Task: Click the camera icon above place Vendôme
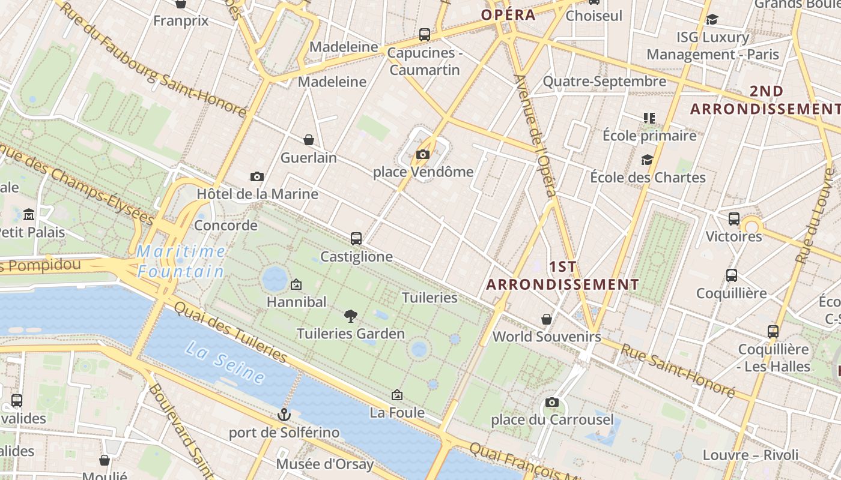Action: pyautogui.click(x=422, y=155)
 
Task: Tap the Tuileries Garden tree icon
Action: pyautogui.click(x=351, y=316)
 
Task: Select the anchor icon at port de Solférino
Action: pyautogui.click(x=284, y=415)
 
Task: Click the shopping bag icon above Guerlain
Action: pyautogui.click(x=309, y=140)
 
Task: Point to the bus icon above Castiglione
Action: pyautogui.click(x=356, y=239)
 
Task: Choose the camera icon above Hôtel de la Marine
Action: pyautogui.click(x=257, y=176)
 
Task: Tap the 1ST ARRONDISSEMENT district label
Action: pyautogui.click(x=563, y=275)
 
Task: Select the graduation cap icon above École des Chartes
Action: pyautogui.click(x=647, y=160)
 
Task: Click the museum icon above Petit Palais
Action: pyautogui.click(x=29, y=214)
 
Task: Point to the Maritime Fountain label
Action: pyautogui.click(x=181, y=262)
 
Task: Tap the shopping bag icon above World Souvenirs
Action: pyautogui.click(x=547, y=319)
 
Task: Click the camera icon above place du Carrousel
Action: pyautogui.click(x=552, y=402)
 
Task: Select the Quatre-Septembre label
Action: pyautogui.click(x=604, y=81)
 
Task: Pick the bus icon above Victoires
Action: pyautogui.click(x=733, y=219)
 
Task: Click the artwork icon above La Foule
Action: pyautogui.click(x=396, y=395)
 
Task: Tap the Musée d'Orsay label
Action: pyautogui.click(x=324, y=464)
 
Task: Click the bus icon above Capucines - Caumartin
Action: pyautogui.click(x=425, y=35)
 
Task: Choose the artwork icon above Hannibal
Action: pyautogui.click(x=296, y=284)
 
